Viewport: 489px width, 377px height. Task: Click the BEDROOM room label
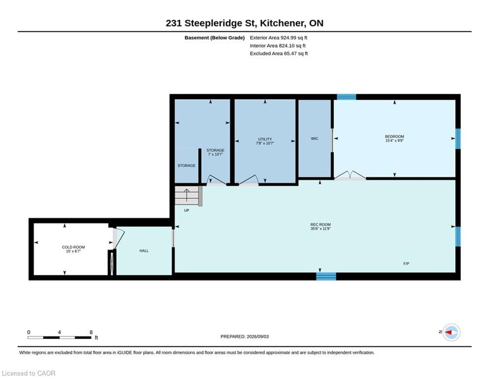[x=394, y=136]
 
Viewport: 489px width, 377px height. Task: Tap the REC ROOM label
[x=320, y=224]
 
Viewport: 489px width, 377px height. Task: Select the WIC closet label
[x=315, y=138]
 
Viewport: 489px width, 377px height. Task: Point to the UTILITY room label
[x=265, y=139]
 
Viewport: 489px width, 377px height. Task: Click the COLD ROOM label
[x=73, y=247]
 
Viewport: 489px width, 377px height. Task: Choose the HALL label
[x=144, y=251]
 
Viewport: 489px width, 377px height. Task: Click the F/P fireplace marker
[x=406, y=264]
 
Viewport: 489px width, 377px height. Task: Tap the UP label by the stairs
[x=186, y=210]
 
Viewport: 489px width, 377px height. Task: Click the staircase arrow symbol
[x=186, y=195]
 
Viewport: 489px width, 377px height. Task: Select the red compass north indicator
[x=449, y=332]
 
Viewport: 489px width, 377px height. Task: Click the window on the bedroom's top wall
[x=346, y=97]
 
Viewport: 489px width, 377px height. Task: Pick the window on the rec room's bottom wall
[x=326, y=276]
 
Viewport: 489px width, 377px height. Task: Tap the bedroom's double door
[x=350, y=175]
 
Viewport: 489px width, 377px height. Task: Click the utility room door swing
[x=249, y=180]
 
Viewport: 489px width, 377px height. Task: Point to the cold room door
[x=118, y=239]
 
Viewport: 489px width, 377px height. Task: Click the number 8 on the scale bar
[x=91, y=332]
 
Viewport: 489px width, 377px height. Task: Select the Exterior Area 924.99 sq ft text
[x=278, y=38]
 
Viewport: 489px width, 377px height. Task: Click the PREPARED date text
[x=245, y=336]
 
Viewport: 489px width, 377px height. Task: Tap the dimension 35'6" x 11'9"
[x=320, y=228]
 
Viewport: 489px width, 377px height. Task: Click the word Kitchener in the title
[x=283, y=23]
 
